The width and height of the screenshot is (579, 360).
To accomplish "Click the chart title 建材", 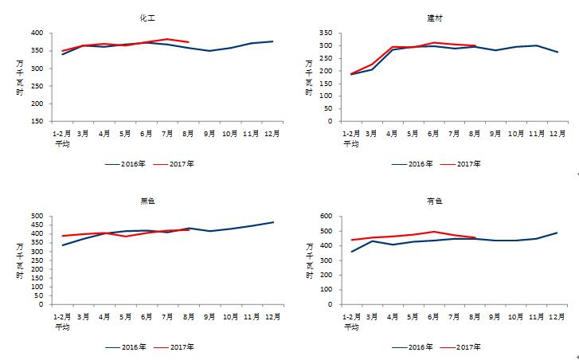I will coord(435,17).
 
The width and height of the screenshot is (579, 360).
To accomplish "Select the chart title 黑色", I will coord(147,200).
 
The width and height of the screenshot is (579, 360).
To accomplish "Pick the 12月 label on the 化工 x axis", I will coord(272,135).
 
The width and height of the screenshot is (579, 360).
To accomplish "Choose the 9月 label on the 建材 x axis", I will coord(494,135).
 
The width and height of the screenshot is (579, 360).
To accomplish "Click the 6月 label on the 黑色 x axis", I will coord(146,317).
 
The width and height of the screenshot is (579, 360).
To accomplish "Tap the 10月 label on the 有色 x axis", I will coord(515,317).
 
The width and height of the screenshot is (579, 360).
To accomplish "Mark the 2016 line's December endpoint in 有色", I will coord(557,233).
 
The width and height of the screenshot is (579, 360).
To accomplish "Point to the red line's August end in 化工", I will coord(188,41).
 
